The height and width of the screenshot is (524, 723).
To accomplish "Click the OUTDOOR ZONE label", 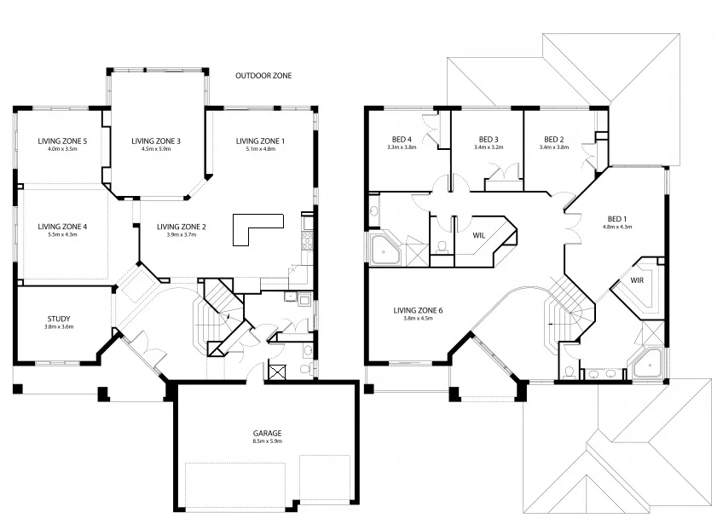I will [263, 76].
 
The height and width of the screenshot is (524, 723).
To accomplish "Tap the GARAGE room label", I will [267, 433].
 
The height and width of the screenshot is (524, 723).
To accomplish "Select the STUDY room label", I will [58, 319].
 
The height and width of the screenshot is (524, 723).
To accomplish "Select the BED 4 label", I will [401, 139].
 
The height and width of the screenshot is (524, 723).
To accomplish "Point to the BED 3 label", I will [488, 139].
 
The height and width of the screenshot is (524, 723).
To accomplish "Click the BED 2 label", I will [553, 139].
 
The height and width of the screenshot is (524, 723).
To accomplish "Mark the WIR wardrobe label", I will [637, 279].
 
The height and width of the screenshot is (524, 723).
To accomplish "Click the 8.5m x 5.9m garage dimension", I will [267, 441].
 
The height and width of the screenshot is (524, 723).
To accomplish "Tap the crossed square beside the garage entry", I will [276, 371].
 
